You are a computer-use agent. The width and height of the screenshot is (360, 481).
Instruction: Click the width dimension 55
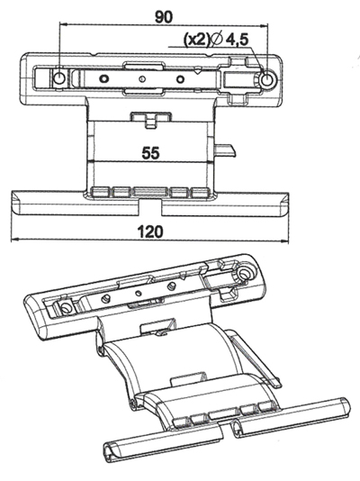pyautogui.click(x=151, y=152)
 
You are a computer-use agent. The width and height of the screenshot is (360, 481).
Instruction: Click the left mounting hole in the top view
pyautogui.click(x=59, y=79)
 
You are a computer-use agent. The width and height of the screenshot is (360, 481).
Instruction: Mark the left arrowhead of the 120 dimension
pyautogui.click(x=15, y=242)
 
